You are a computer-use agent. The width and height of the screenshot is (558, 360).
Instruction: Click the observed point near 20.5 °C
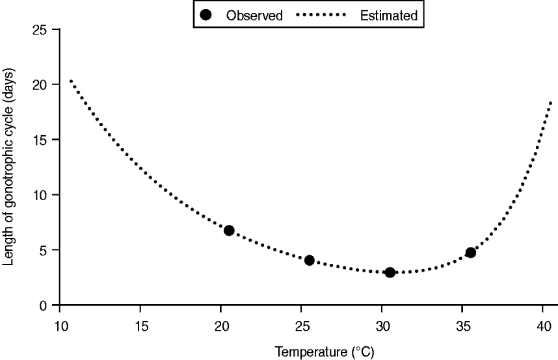pos(229,231)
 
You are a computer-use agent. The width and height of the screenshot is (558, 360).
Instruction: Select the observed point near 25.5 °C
pos(310,260)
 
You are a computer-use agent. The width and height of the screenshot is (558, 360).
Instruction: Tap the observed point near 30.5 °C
pos(390,272)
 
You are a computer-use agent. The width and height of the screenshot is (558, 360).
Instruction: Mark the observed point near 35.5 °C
pos(470,252)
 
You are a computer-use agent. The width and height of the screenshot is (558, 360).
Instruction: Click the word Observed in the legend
pos(254,16)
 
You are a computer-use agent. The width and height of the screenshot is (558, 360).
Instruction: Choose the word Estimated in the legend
pos(388,16)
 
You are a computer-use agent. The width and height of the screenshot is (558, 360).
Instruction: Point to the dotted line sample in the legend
pos(321,16)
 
